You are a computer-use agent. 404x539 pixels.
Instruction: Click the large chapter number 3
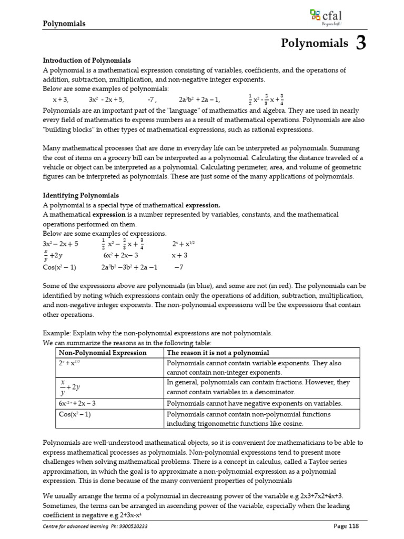[x=361, y=44]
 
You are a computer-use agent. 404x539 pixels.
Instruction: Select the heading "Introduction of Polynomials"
[x=87, y=61]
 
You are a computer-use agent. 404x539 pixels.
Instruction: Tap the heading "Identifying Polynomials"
[x=80, y=195]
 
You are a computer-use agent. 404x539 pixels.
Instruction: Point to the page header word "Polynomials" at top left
[x=64, y=24]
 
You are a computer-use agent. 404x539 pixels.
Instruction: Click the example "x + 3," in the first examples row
[x=60, y=99]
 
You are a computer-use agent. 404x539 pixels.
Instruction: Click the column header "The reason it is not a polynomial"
[x=218, y=353]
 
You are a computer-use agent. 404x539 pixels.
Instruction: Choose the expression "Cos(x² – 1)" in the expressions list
[x=59, y=267]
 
